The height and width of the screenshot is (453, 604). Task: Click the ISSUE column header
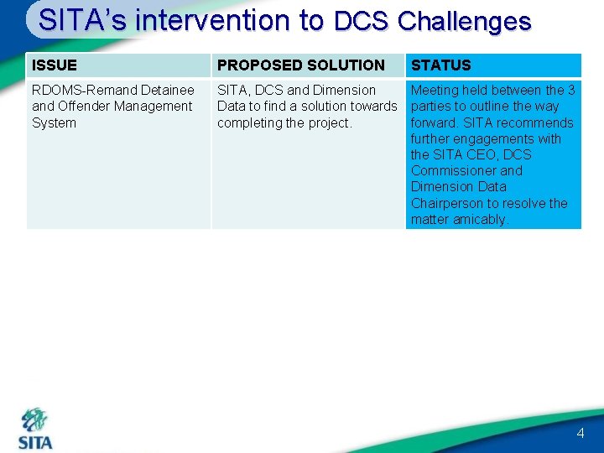coord(55,65)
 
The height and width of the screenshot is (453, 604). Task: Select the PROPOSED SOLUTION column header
coord(300,65)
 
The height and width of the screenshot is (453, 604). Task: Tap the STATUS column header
coord(440,65)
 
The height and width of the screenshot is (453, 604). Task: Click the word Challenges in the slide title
coord(464,21)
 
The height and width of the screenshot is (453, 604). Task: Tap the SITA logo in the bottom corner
coord(35,430)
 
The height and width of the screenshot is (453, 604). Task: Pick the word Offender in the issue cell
coord(85,107)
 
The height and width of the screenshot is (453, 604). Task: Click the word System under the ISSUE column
coord(54,123)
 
